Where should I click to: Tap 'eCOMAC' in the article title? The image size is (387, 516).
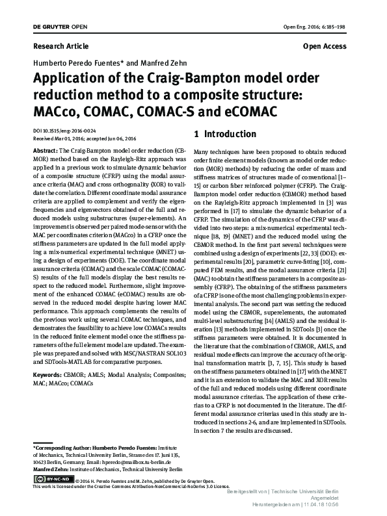click(245, 112)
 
